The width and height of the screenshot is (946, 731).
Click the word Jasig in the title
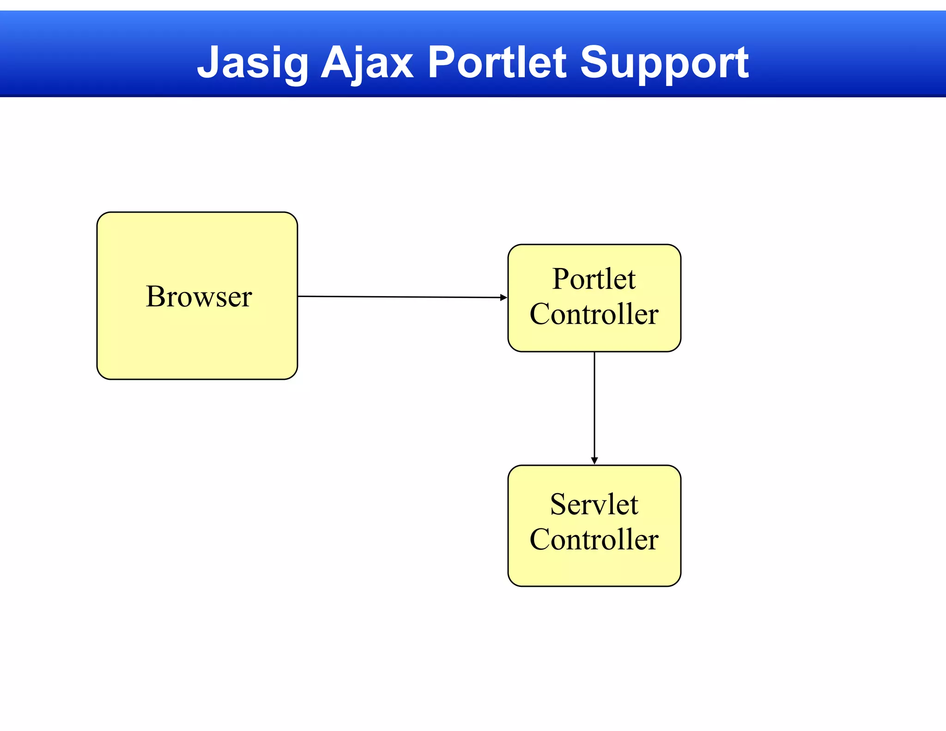(x=253, y=62)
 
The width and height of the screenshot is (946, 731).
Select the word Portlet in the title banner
(x=497, y=62)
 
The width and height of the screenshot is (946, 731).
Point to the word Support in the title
(x=664, y=62)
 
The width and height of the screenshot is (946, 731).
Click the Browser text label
(x=199, y=296)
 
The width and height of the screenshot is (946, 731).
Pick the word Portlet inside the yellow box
(x=594, y=279)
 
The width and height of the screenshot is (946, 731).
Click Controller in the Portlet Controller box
(x=594, y=314)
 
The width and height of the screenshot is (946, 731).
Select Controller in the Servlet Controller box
(x=594, y=539)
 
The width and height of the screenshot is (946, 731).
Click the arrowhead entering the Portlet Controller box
(x=504, y=298)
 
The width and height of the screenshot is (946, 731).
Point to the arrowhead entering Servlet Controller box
(x=594, y=461)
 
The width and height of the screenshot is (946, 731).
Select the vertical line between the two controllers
(x=594, y=407)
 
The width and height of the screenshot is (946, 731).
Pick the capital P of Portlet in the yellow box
(x=560, y=279)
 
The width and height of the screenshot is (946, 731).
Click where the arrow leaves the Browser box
(x=298, y=296)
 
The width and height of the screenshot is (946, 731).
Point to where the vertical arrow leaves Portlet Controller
(x=594, y=353)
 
